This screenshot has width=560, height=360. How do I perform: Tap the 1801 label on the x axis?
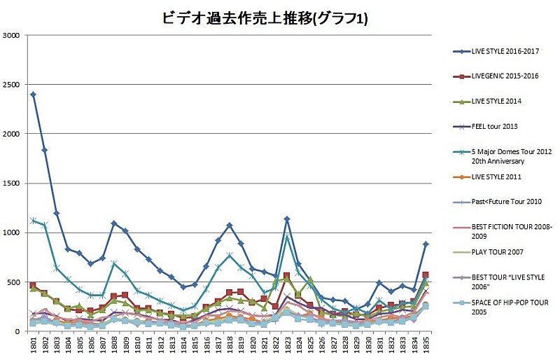click(x=33, y=345)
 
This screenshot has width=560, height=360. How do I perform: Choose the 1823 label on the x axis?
click(x=286, y=345)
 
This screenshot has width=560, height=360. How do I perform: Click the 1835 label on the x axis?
click(x=425, y=345)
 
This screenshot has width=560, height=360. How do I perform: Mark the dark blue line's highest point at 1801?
click(x=33, y=94)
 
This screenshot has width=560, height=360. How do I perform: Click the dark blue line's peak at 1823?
click(x=286, y=219)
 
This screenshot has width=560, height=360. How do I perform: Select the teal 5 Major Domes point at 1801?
click(x=33, y=221)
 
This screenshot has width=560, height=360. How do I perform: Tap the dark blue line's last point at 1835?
click(x=425, y=244)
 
